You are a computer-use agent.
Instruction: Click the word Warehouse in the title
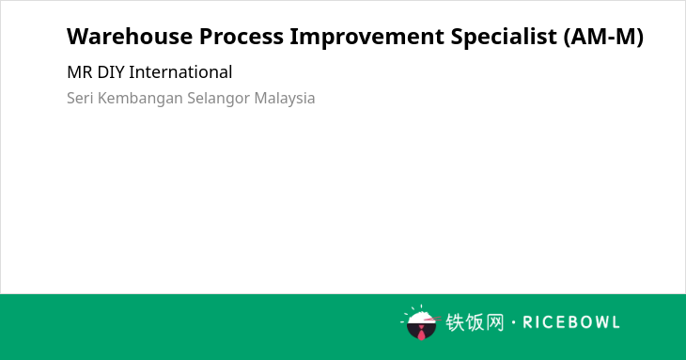click(130, 37)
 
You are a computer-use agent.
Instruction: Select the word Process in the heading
click(242, 37)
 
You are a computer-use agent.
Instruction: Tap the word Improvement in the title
click(367, 38)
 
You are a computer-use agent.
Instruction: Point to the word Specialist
click(504, 38)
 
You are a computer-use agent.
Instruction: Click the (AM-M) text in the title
click(603, 37)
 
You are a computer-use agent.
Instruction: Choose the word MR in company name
click(80, 72)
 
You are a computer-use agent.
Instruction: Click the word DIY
click(111, 72)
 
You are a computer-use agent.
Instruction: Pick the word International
click(180, 72)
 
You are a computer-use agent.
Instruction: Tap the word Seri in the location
click(80, 98)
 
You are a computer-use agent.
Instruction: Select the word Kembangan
click(140, 99)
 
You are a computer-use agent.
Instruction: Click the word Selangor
click(218, 99)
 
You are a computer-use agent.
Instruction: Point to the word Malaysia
click(285, 99)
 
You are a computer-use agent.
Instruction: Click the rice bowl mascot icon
click(420, 322)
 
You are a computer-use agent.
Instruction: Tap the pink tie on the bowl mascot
click(421, 333)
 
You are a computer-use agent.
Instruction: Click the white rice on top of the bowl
click(420, 317)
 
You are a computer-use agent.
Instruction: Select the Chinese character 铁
click(455, 322)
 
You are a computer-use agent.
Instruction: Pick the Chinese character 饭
click(476, 322)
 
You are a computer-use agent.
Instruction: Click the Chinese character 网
click(495, 322)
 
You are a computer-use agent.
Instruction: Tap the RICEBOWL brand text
click(571, 322)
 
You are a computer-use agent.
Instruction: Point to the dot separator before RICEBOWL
click(513, 322)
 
